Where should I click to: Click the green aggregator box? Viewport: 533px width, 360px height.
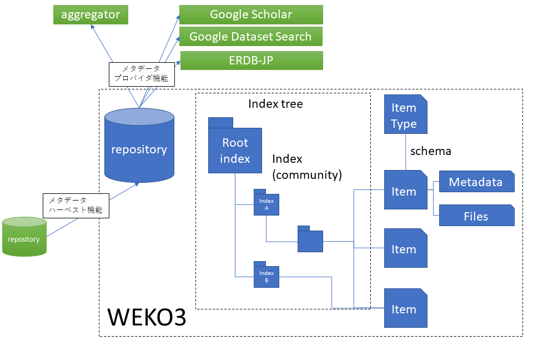90,14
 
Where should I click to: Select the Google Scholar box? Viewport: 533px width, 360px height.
251,14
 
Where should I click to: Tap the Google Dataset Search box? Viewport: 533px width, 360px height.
251,37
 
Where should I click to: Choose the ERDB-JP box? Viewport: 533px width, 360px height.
251,61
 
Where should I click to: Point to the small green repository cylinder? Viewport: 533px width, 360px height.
24,238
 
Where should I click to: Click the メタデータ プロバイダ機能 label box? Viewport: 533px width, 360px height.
142,74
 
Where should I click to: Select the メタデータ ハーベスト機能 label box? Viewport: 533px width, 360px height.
76,206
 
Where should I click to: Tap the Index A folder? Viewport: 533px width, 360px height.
266,203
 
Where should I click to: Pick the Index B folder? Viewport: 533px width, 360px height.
266,276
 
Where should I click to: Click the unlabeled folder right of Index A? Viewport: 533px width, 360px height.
310,241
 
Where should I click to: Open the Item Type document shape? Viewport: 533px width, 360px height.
405,115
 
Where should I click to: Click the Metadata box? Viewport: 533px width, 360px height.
476,182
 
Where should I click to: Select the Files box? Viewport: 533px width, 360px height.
476,216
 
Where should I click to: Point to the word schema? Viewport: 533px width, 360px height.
431,151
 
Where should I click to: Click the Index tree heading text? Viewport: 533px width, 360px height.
275,104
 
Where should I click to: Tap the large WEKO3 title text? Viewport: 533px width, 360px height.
147,317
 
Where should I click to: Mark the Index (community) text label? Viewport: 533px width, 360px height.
306,167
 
